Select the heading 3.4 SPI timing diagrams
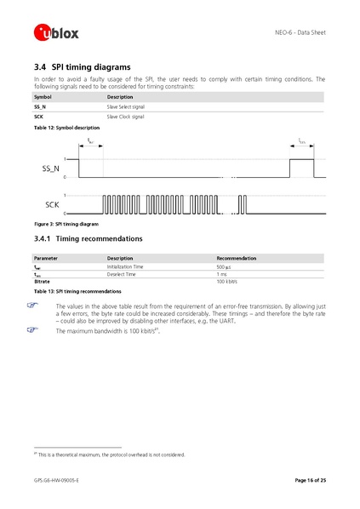[x=82, y=66]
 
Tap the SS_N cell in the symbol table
[x=40, y=107]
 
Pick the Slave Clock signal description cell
[x=125, y=117]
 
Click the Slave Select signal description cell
[x=125, y=107]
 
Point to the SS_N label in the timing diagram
[x=51, y=169]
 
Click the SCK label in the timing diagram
[x=52, y=205]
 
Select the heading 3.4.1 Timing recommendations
[x=88, y=238]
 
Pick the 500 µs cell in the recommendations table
[x=224, y=266]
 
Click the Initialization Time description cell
[x=125, y=266]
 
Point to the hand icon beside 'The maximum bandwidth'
[x=39, y=329]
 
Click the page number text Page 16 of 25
[x=310, y=481]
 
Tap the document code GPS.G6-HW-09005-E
[x=56, y=481]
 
